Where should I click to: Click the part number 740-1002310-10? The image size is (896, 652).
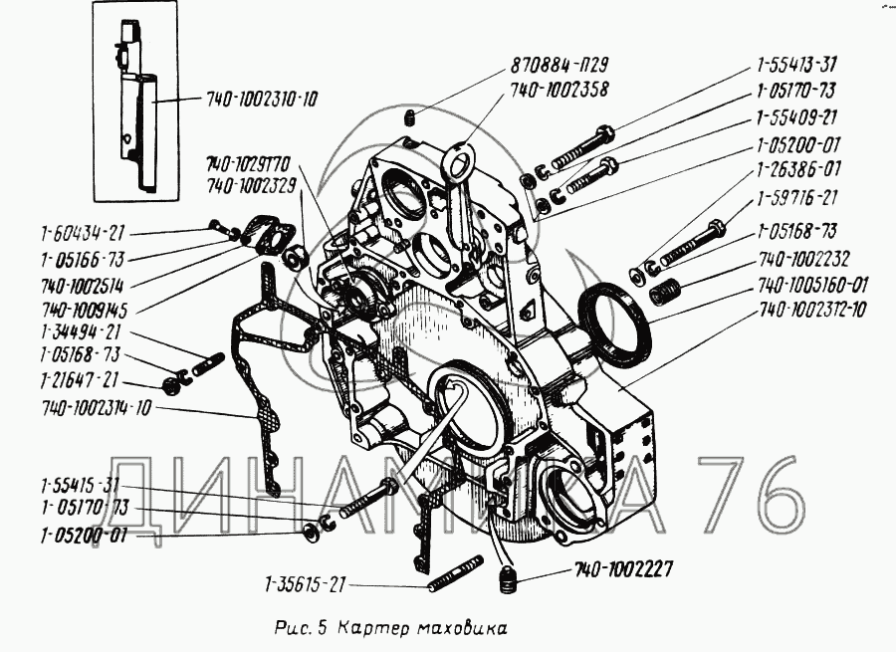pyautogui.click(x=263, y=101)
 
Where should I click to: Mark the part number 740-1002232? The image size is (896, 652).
pyautogui.click(x=803, y=258)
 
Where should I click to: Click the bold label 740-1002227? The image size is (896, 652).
pyautogui.click(x=623, y=570)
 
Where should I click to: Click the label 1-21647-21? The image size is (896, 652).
pyautogui.click(x=80, y=380)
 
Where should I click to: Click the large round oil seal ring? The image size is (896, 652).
pyautogui.click(x=617, y=322)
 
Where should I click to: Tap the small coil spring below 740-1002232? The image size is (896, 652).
pyautogui.click(x=664, y=293)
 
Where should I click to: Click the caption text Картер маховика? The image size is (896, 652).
pyautogui.click(x=422, y=628)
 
